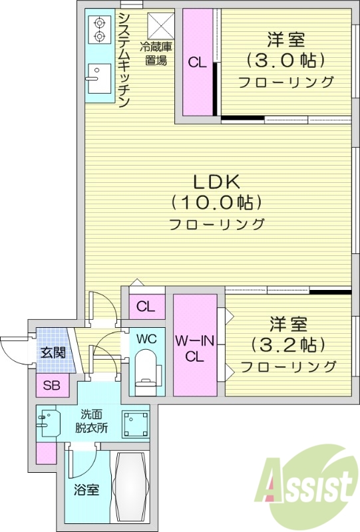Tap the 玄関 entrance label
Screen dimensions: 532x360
pos(52,352)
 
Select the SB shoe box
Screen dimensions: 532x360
pos(51,385)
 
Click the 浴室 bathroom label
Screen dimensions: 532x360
pos(86,490)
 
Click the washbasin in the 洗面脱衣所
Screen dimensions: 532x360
pos(47,422)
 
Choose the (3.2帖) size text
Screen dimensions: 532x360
pos(287,344)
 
